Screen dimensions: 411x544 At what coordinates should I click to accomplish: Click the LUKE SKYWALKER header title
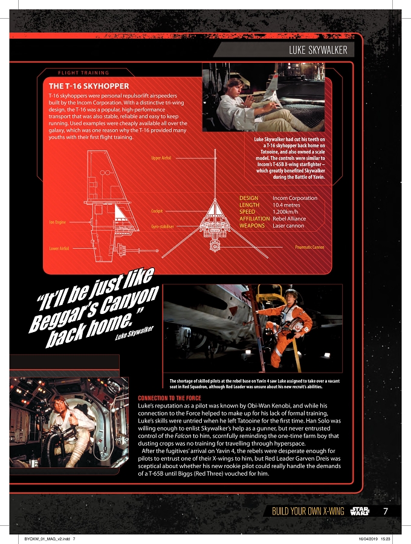318,50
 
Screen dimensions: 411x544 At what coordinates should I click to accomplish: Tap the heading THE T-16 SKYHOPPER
89,86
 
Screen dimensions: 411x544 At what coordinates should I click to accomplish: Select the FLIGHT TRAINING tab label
83,73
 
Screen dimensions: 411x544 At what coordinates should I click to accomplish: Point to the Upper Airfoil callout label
161,158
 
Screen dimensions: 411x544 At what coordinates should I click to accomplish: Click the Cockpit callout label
157,211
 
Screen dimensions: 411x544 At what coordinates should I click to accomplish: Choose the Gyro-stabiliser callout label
163,226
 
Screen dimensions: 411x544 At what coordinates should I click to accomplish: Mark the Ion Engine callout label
57,222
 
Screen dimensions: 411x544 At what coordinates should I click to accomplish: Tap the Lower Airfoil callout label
59,248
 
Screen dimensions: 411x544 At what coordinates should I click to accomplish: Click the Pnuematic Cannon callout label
309,247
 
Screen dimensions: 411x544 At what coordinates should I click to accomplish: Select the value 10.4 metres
286,205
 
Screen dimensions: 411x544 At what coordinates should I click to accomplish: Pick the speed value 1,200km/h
285,212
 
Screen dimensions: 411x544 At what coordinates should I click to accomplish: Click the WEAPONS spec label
252,226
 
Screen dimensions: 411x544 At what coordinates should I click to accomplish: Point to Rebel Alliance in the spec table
290,219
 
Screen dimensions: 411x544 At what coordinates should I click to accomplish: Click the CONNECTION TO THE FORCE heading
170,398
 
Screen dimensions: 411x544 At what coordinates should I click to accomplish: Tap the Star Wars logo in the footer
360,511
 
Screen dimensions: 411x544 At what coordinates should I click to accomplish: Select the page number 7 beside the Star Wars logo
385,511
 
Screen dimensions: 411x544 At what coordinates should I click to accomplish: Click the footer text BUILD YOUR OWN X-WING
308,511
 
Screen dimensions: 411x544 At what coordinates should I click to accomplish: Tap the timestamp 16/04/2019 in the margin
368,539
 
